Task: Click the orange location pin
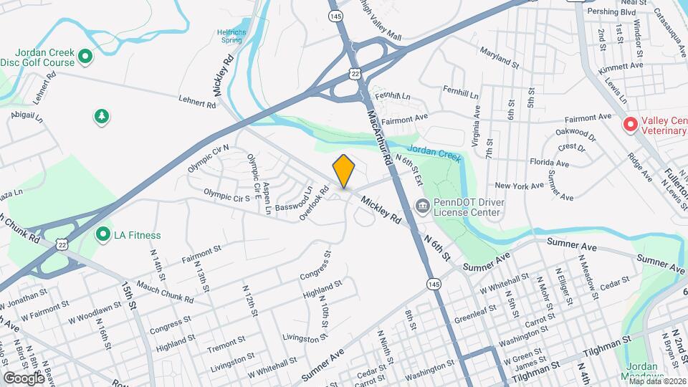(344, 171)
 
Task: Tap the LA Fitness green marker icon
(102, 234)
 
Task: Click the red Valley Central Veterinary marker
(631, 125)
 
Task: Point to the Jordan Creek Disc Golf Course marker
(85, 56)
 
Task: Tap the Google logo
(24, 378)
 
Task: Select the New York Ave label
(520, 186)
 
